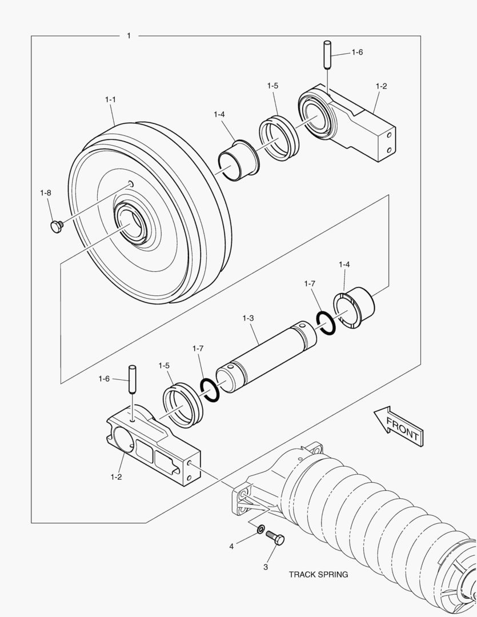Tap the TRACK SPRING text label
click(318, 575)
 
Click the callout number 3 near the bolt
click(265, 567)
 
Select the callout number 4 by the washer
click(232, 547)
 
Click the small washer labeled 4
click(260, 530)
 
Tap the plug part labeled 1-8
click(56, 227)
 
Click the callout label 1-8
click(46, 193)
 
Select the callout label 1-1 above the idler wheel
click(110, 99)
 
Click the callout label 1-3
click(248, 318)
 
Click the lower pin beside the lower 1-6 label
click(133, 379)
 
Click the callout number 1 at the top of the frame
click(129, 35)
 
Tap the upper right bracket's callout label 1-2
click(381, 86)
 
